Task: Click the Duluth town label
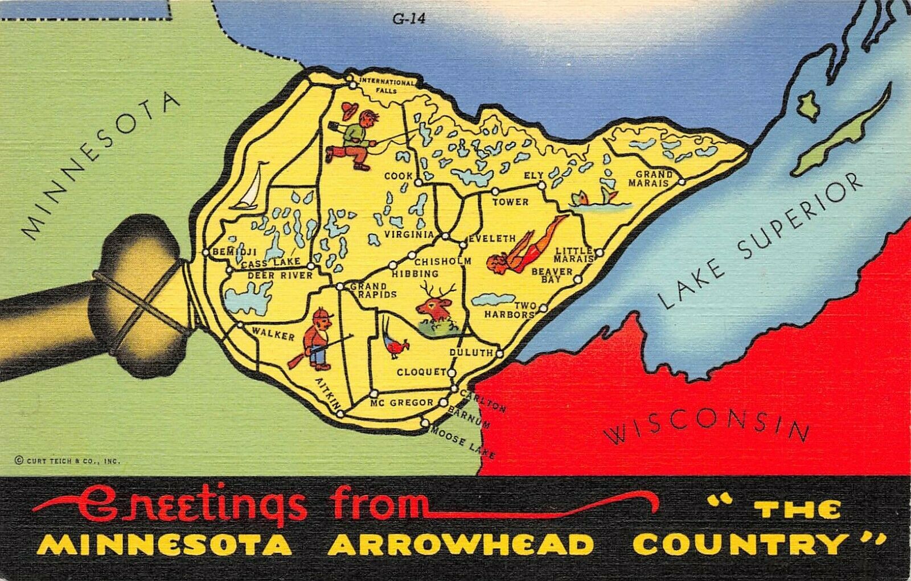click(471, 353)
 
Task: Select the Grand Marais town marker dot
click(682, 182)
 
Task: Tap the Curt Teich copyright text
click(65, 461)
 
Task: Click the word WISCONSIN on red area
click(706, 427)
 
